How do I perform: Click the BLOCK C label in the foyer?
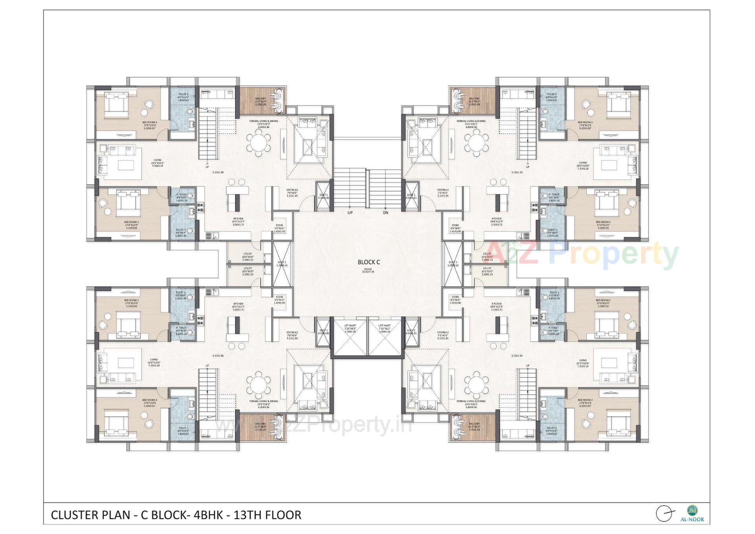pos(368,262)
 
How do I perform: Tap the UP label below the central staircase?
pos(350,213)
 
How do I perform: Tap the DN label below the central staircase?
pos(385,213)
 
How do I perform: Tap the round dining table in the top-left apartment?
pos(258,143)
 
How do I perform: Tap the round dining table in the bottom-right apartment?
pos(476,382)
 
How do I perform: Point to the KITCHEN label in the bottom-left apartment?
pos(238,304)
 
